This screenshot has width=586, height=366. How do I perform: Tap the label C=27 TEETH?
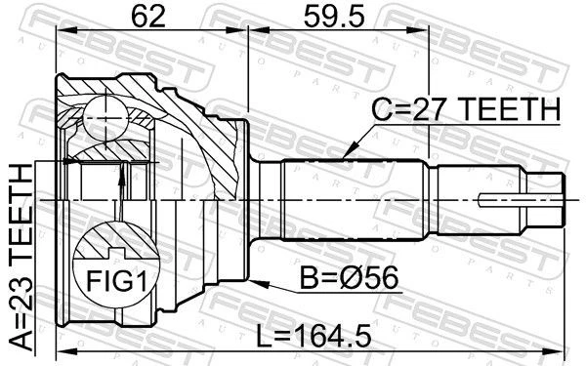(465, 112)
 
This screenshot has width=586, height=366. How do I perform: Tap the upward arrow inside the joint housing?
(122, 176)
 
